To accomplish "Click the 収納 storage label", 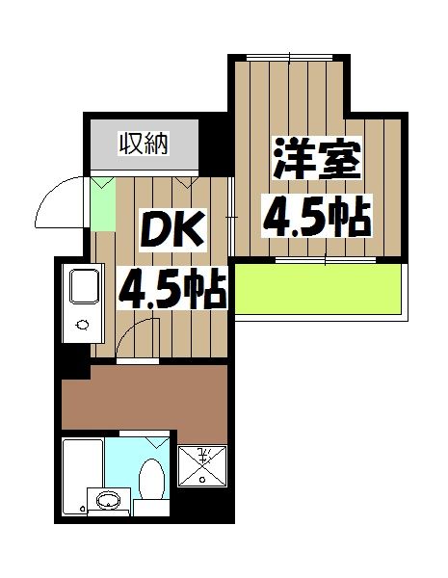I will (x=144, y=144).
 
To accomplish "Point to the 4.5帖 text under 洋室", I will (x=317, y=217).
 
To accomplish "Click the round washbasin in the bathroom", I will (x=108, y=501).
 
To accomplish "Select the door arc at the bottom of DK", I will (x=135, y=337).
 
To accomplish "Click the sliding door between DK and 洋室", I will (x=232, y=222).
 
